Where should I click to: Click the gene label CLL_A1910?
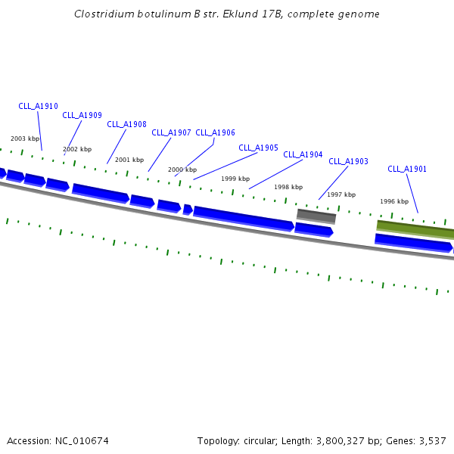(x=38, y=107)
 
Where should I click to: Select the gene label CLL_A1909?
(x=82, y=116)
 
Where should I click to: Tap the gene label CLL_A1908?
(x=126, y=125)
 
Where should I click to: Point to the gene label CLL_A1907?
(x=171, y=133)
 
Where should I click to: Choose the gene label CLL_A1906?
(x=215, y=133)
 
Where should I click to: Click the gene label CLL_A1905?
(x=258, y=148)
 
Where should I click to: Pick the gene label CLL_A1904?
(x=303, y=155)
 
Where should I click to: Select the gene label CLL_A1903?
(x=348, y=162)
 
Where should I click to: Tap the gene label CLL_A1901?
(x=407, y=169)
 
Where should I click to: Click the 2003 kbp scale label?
(x=25, y=139)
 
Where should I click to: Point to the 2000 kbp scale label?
(x=182, y=170)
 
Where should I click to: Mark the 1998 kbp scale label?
(x=288, y=188)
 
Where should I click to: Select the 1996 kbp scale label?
(x=394, y=202)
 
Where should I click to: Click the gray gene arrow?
(x=316, y=216)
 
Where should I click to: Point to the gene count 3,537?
(x=432, y=441)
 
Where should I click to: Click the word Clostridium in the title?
(x=104, y=14)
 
